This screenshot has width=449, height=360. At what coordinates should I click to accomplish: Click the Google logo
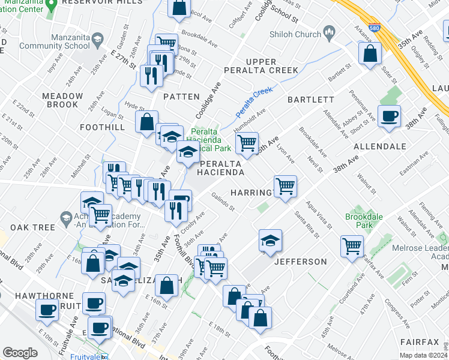[20, 353]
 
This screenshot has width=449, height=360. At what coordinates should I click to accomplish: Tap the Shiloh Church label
[295, 34]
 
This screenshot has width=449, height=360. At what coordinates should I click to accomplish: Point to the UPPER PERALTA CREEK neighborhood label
[261, 66]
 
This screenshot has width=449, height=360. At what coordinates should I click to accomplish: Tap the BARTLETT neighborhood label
[310, 100]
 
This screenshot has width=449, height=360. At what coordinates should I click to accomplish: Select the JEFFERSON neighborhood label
[301, 262]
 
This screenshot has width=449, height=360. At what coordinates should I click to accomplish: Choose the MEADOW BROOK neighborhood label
[62, 100]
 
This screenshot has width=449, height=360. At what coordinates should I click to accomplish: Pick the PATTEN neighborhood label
[181, 97]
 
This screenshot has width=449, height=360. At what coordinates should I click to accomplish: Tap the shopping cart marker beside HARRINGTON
[285, 185]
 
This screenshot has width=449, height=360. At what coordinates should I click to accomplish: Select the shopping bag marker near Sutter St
[370, 53]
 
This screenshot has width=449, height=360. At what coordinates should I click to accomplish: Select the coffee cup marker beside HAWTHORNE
[47, 308]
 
